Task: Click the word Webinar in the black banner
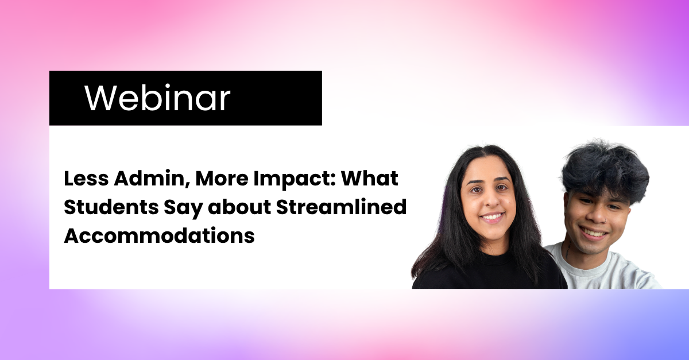[x=157, y=98]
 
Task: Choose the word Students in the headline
[x=111, y=207]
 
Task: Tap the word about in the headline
[x=239, y=207]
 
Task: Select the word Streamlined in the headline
[x=342, y=207]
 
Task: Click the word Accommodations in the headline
[x=160, y=235]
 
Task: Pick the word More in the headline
[x=222, y=179]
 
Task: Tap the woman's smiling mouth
[x=492, y=217]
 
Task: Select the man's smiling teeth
[x=595, y=233]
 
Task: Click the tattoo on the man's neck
[x=568, y=250]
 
